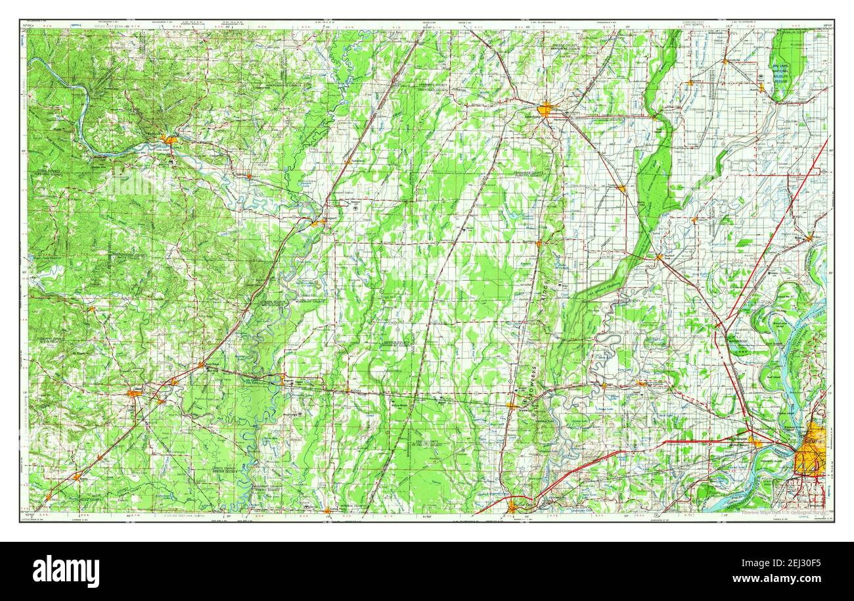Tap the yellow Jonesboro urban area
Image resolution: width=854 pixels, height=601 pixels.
pos(545,109)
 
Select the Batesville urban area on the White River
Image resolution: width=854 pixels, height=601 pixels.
pos(169,139)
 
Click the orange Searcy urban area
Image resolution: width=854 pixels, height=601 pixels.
pos(135,393)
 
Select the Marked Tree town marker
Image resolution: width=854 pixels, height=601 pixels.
pos(659,257)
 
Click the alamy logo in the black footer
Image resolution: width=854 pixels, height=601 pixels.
pos(66,571)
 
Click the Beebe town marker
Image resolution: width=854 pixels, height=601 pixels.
pos(78,477)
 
